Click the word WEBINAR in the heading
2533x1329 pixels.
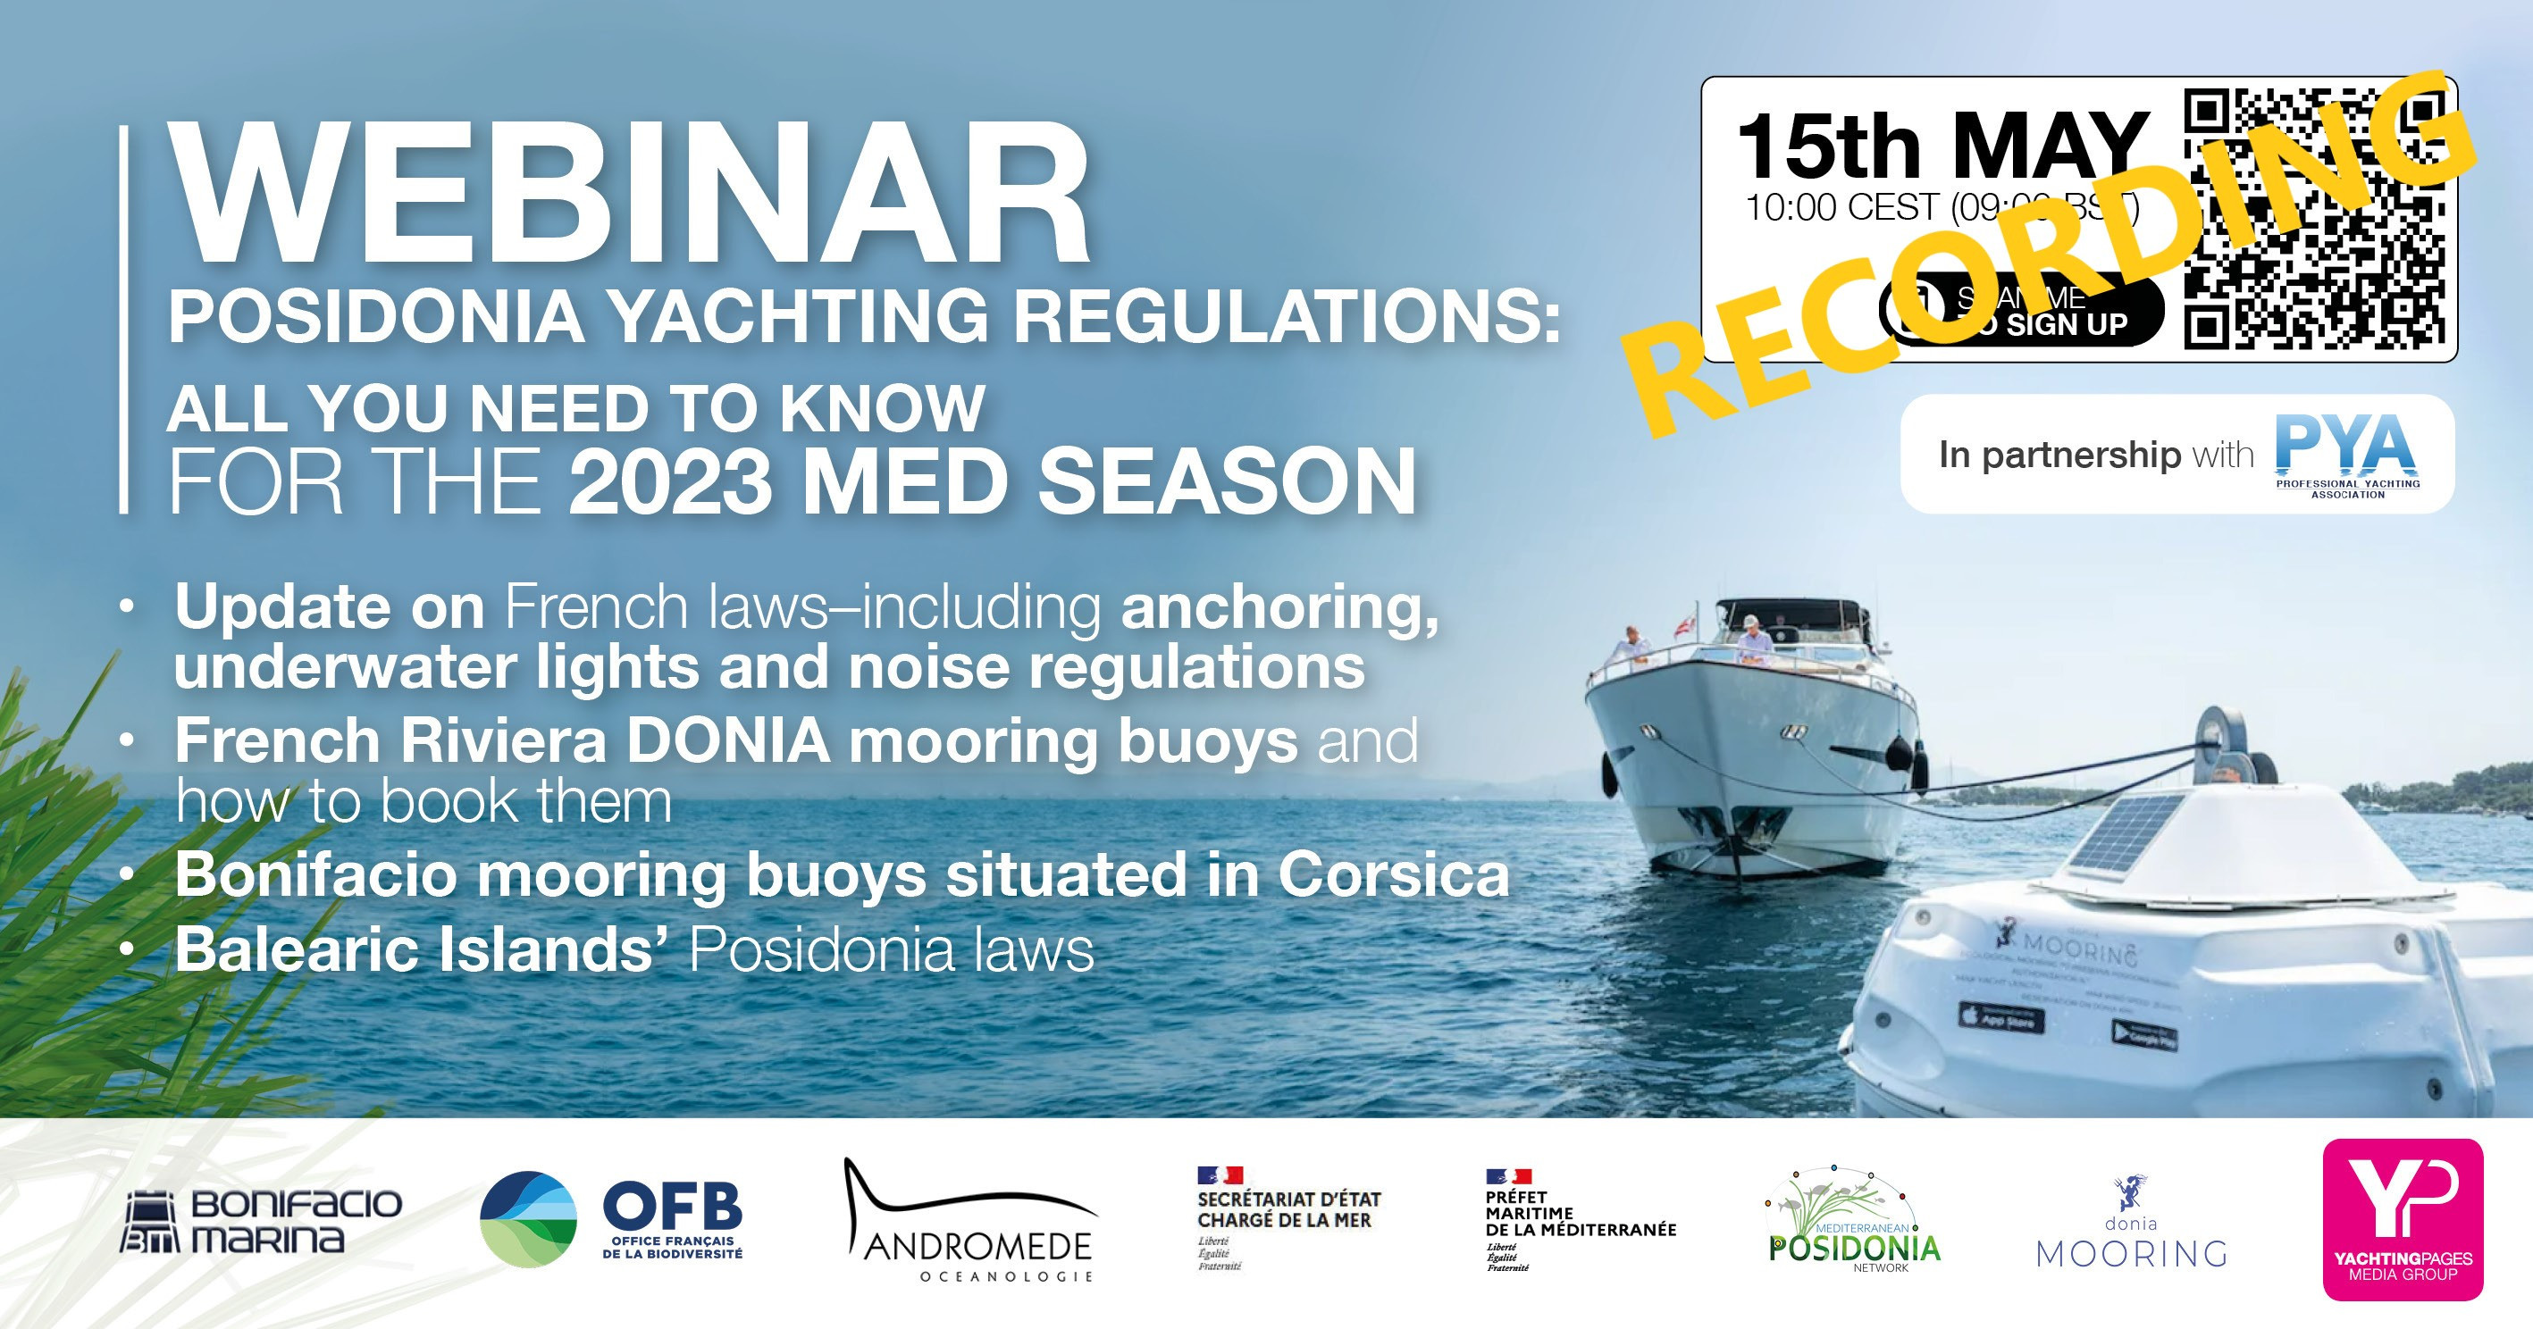tap(629, 195)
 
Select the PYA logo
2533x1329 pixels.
tap(2346, 453)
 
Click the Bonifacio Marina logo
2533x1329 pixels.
tap(261, 1220)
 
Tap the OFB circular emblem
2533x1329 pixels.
tap(528, 1219)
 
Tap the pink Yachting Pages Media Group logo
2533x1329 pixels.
tap(2403, 1219)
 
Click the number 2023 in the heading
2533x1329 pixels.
tap(668, 481)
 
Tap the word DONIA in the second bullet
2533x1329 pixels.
tap(727, 740)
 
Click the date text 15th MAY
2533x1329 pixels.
tap(1943, 147)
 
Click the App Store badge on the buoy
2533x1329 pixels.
tap(2002, 1018)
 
